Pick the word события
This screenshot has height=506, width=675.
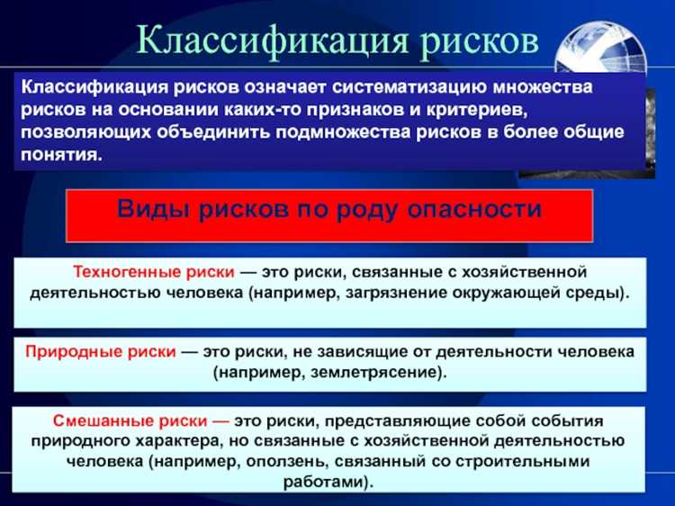click(x=563, y=420)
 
